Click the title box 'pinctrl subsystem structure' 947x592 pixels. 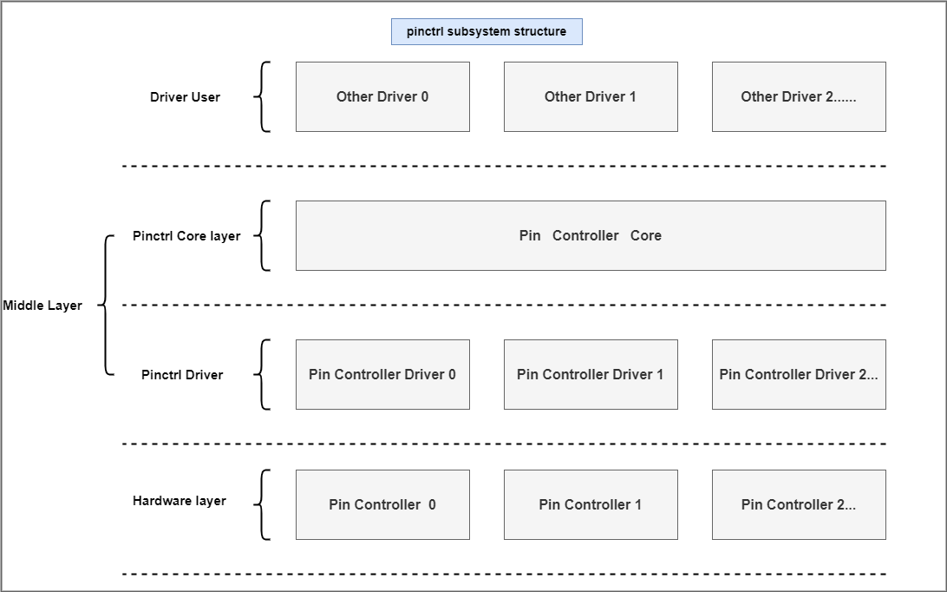487,31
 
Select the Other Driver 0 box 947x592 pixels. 383,96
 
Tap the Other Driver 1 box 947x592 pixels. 591,96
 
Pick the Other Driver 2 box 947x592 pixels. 799,96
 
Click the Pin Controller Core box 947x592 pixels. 591,236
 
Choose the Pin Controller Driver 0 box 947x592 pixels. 383,375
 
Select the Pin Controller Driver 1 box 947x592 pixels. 591,375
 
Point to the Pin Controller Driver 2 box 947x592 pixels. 799,375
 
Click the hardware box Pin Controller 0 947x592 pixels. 383,505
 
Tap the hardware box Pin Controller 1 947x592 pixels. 591,505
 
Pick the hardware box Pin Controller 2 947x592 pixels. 799,505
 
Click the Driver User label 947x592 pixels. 185,97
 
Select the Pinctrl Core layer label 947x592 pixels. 186,236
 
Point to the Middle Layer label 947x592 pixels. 42,306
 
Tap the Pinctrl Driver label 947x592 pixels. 182,375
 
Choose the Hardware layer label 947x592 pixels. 180,501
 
